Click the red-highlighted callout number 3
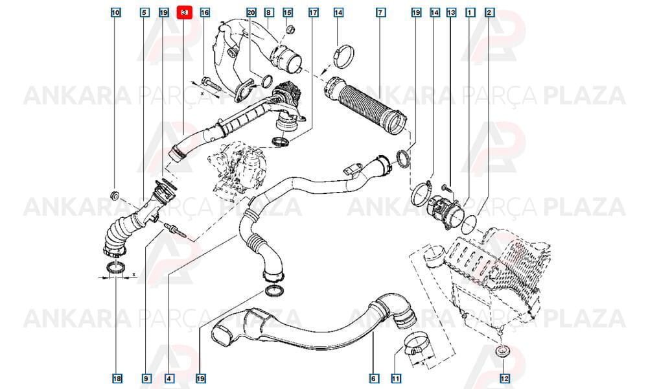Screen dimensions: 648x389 tap(184, 13)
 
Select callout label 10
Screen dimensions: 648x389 tap(116, 13)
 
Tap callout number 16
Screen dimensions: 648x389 tap(205, 13)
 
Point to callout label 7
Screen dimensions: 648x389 tap(380, 13)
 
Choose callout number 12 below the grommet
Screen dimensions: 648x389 tap(505, 378)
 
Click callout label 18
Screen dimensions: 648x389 tap(117, 378)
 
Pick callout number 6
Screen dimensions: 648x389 tap(374, 378)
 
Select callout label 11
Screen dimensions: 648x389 tap(395, 378)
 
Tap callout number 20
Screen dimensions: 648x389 tap(251, 13)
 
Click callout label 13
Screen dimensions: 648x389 tap(451, 13)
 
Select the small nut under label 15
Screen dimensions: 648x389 tap(290, 29)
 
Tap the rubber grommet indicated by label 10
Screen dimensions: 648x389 tap(115, 194)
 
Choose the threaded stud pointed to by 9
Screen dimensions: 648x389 tap(176, 230)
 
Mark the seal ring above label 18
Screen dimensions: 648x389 tap(116, 268)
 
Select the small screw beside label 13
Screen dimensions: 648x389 tap(445, 187)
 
